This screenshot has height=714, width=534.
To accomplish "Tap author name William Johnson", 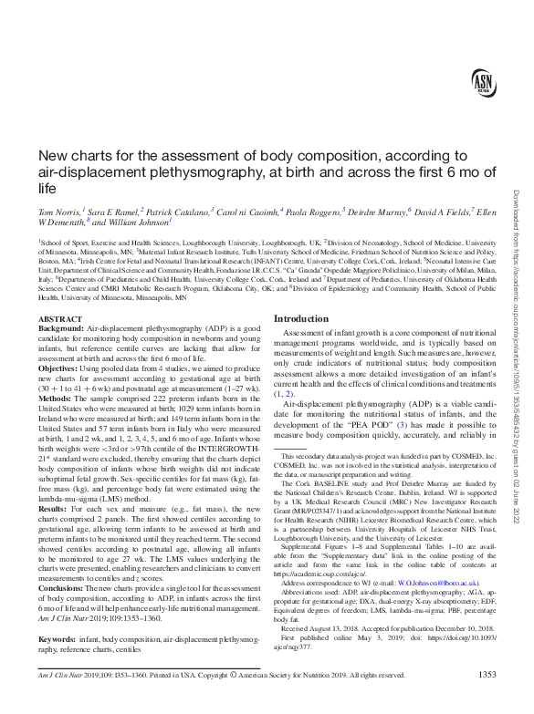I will (x=141, y=222).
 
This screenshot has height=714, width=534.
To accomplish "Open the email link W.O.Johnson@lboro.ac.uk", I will (x=425, y=580).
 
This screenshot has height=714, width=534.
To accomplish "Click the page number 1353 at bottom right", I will (x=487, y=700).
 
